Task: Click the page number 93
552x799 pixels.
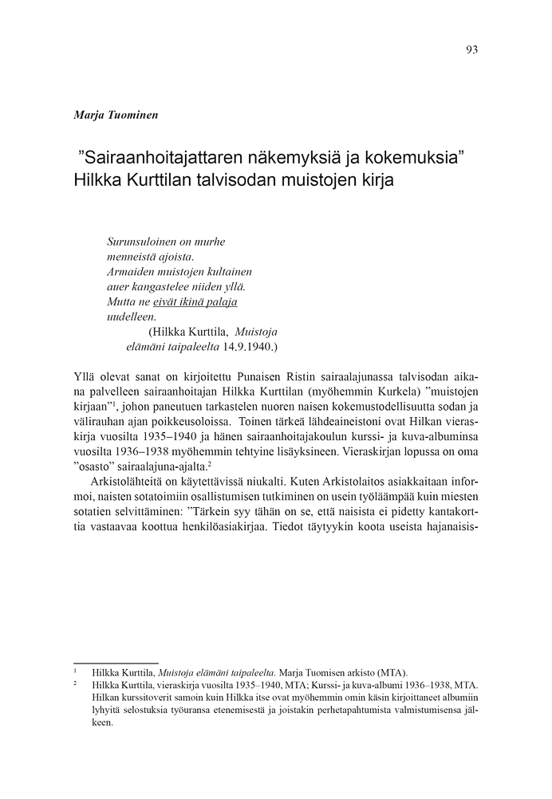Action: pos(471,49)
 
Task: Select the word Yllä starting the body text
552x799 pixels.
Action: pos(84,375)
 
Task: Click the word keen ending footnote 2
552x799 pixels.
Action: pos(103,724)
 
